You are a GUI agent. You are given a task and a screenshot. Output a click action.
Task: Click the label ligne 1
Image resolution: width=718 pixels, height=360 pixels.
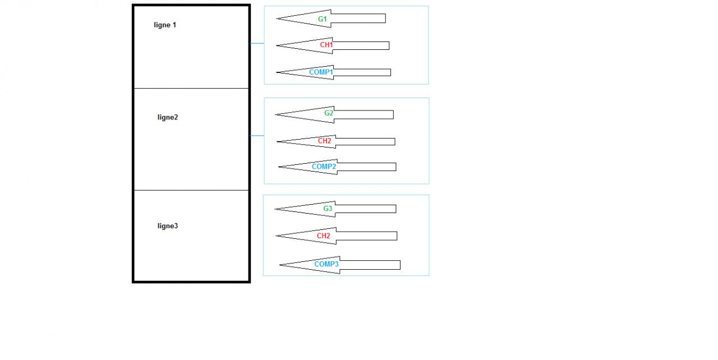point(165,25)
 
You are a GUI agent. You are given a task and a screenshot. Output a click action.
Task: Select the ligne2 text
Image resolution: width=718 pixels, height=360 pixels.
point(168,118)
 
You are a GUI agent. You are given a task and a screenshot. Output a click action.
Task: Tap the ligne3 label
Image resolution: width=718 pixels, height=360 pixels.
point(168,226)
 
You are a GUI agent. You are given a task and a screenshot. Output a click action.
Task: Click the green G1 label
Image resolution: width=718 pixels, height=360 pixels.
point(323,19)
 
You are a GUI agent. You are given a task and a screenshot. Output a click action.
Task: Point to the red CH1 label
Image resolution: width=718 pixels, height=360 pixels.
point(326,45)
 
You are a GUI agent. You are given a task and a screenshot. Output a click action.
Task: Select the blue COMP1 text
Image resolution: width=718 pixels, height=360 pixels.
point(321,72)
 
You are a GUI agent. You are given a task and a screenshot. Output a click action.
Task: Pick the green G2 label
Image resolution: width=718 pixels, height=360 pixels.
point(329,113)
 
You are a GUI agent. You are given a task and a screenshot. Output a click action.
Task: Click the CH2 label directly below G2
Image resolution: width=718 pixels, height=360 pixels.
point(324,141)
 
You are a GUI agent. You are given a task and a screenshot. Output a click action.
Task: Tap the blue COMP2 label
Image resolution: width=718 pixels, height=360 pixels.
point(324,167)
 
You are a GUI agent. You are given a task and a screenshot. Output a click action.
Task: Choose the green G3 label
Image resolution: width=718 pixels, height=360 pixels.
point(328,209)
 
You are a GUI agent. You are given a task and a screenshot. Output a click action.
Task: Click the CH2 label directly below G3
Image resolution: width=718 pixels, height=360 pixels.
point(323,236)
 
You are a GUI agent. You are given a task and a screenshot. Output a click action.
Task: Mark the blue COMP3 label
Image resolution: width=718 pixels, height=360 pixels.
point(326,264)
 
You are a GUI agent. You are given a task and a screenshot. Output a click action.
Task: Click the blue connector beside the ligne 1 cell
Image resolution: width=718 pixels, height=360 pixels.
point(257,43)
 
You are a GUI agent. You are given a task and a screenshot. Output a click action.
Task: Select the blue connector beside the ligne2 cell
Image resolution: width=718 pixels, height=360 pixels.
point(257,136)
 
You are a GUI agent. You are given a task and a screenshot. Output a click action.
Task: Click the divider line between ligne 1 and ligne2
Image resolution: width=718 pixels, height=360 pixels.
point(191,89)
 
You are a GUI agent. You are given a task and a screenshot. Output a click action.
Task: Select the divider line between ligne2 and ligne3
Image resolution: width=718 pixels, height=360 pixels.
point(191,191)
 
